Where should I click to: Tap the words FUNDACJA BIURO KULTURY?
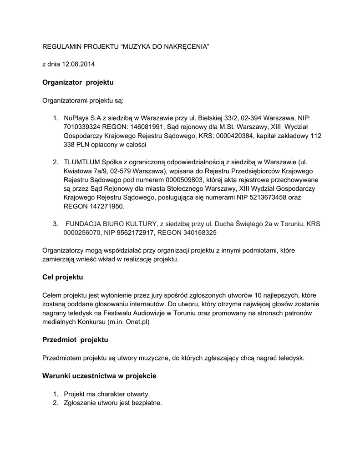112,224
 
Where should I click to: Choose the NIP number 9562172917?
136,233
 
